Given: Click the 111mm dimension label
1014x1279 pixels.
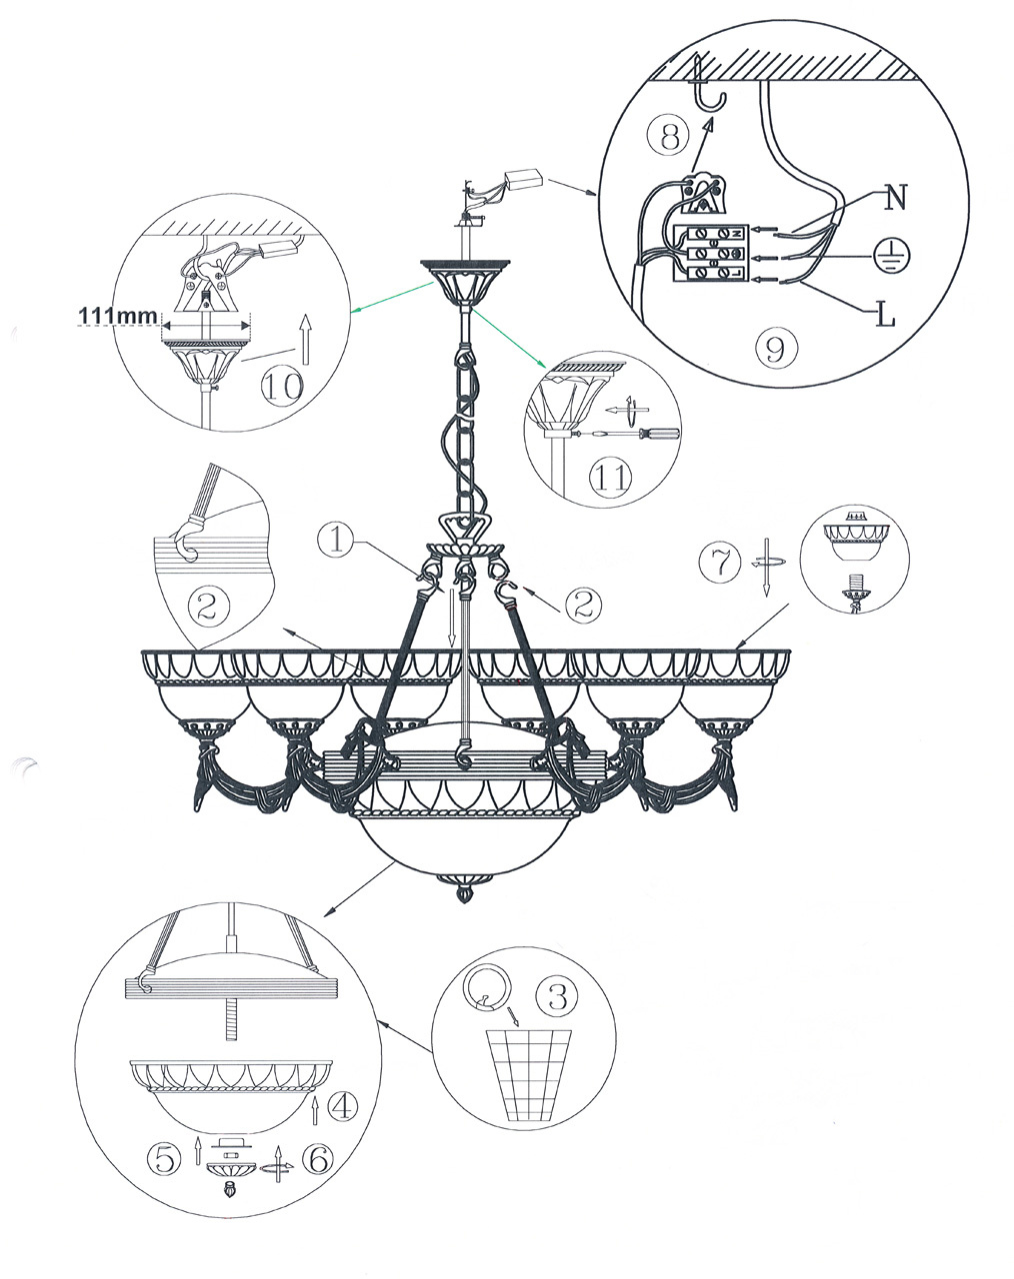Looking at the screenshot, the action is (118, 316).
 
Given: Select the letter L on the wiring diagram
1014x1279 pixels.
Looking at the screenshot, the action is (886, 314).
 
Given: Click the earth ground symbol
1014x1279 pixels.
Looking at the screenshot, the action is (893, 256).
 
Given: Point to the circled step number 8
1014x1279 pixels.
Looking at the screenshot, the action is (670, 137).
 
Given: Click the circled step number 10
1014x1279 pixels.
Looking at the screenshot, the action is (283, 387).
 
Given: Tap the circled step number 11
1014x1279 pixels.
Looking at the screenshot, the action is (611, 477).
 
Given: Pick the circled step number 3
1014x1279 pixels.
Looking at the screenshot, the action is (557, 996).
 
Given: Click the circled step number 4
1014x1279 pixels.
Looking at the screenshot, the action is (344, 1107).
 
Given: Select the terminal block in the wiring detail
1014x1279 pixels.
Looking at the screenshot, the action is (710, 253).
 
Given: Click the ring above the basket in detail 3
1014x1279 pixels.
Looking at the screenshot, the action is (485, 985).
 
